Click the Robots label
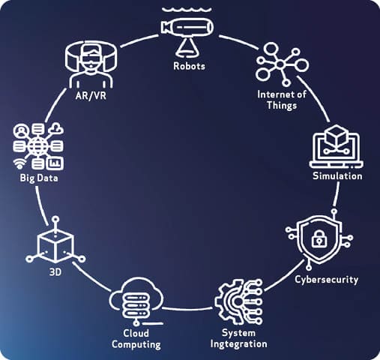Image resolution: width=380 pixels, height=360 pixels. click(x=189, y=66)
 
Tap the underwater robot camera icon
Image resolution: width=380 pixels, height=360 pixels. click(x=187, y=32)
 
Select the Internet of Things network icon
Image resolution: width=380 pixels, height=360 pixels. click(x=282, y=64)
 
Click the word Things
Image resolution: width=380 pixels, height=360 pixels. click(x=282, y=105)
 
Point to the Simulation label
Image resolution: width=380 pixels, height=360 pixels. click(x=337, y=176)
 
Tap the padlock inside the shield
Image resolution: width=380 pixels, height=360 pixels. click(x=319, y=238)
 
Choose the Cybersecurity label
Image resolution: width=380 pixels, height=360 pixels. click(x=326, y=280)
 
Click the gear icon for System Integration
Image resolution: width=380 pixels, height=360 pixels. click(x=238, y=302)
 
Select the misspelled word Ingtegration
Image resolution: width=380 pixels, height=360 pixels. click(x=238, y=344)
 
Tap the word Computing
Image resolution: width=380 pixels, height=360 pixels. click(x=136, y=344)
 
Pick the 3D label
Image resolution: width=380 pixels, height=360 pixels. click(x=55, y=272)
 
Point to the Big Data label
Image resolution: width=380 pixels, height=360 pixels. click(x=39, y=178)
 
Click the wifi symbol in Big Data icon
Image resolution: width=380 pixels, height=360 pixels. click(x=19, y=163)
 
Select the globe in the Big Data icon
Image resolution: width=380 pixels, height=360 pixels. click(x=37, y=146)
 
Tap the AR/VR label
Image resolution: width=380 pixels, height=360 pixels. click(x=91, y=95)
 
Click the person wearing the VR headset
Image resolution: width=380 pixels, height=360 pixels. click(x=91, y=66)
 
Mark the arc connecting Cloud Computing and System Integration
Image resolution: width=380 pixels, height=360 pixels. click(x=187, y=309)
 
